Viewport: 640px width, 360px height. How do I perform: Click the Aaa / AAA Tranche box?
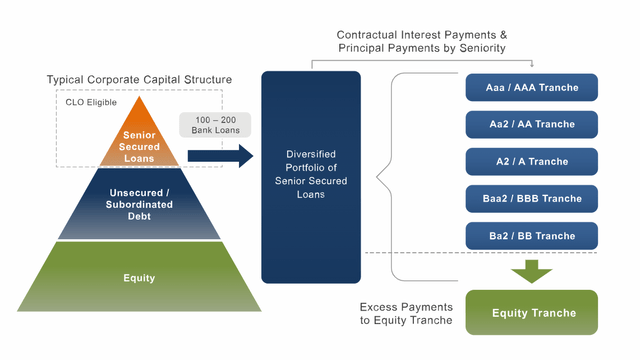click(531, 87)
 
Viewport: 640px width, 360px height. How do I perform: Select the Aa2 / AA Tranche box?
click(531, 124)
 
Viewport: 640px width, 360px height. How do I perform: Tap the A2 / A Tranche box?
click(531, 161)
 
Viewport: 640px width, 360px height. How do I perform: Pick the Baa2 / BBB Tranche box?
click(531, 198)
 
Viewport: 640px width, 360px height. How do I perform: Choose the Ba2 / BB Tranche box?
click(531, 235)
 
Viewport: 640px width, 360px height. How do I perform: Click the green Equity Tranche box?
click(531, 313)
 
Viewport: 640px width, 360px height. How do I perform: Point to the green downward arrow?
click(531, 270)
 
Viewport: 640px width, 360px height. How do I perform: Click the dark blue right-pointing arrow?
click(219, 155)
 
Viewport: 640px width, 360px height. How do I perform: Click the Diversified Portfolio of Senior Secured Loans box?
click(310, 176)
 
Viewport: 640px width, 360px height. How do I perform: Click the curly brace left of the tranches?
click(385, 176)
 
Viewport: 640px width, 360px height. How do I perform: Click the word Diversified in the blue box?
click(310, 154)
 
